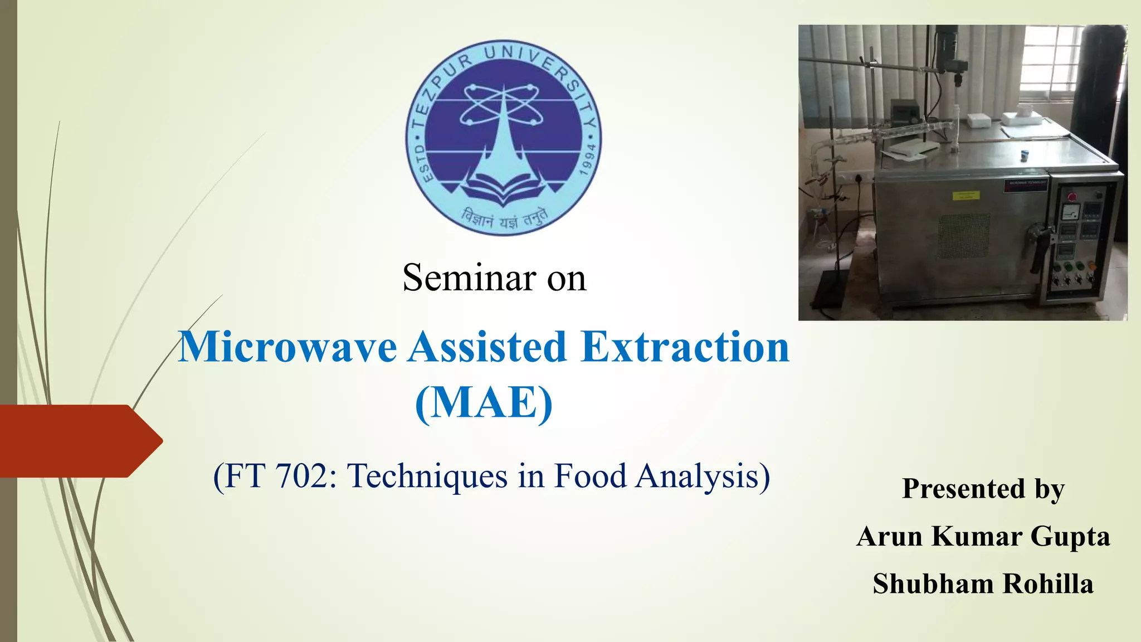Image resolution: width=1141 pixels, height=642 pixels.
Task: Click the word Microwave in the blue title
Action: pos(287,347)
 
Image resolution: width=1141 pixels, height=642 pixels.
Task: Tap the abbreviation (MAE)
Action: pos(484,402)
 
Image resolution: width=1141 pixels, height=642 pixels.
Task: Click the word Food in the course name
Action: pos(590,476)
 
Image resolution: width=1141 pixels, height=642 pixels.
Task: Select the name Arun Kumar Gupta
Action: pos(983,536)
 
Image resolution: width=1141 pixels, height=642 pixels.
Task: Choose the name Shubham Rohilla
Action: pos(983,583)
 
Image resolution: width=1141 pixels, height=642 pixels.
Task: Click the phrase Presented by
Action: pos(983,489)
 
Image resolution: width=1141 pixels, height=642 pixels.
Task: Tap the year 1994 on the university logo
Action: pos(587,159)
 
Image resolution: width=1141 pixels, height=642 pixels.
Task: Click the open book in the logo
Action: pos(503,187)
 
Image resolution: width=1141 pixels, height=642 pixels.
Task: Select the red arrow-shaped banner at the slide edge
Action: pos(78,441)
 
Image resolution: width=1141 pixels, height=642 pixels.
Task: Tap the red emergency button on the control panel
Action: pos(1071,197)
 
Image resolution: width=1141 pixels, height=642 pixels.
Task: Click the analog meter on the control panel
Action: pos(1071,212)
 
